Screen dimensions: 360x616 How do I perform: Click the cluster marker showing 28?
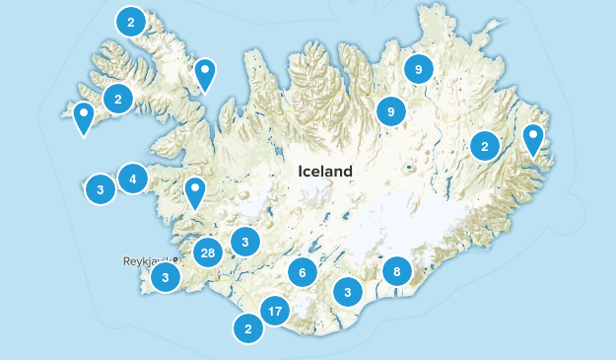coord(207,253)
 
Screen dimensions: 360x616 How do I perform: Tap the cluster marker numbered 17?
coord(275,314)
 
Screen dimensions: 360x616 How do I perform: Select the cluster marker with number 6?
coord(303,272)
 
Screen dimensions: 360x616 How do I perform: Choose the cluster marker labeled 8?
coord(396,271)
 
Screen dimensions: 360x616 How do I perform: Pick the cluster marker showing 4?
coord(132,179)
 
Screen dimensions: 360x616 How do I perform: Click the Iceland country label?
coord(324,171)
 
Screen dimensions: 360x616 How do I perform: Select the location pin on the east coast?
coord(533,139)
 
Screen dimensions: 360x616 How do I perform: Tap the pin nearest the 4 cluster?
coord(195,191)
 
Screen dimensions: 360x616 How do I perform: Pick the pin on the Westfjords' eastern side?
coord(204,73)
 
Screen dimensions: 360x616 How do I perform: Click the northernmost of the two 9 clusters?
coord(418,69)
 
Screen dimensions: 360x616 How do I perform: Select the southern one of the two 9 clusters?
coord(391,111)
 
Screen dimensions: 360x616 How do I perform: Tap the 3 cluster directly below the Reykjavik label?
coord(166,279)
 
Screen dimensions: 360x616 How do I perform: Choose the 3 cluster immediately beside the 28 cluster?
coord(244,241)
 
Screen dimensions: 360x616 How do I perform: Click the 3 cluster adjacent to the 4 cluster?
coord(101,188)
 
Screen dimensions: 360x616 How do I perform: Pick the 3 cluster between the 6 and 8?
coord(347,291)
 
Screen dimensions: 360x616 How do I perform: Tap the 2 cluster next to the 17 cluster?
coord(248,329)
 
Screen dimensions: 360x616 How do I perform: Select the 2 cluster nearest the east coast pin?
coord(484,146)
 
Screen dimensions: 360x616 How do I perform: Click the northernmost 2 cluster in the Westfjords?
coord(130,20)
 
